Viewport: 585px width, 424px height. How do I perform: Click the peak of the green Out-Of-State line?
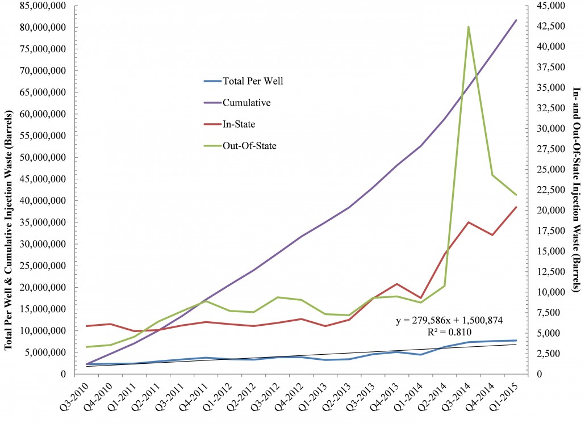click(x=468, y=27)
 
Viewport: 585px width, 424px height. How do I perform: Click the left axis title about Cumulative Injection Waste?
click(x=9, y=190)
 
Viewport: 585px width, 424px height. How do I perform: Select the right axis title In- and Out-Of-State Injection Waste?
click(x=576, y=190)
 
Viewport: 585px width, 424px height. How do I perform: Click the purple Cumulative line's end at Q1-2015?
click(x=516, y=20)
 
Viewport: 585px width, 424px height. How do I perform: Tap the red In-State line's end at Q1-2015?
click(x=516, y=207)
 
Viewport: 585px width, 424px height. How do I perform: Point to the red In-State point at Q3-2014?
click(x=468, y=222)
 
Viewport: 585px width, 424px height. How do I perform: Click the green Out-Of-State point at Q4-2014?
click(x=492, y=175)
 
